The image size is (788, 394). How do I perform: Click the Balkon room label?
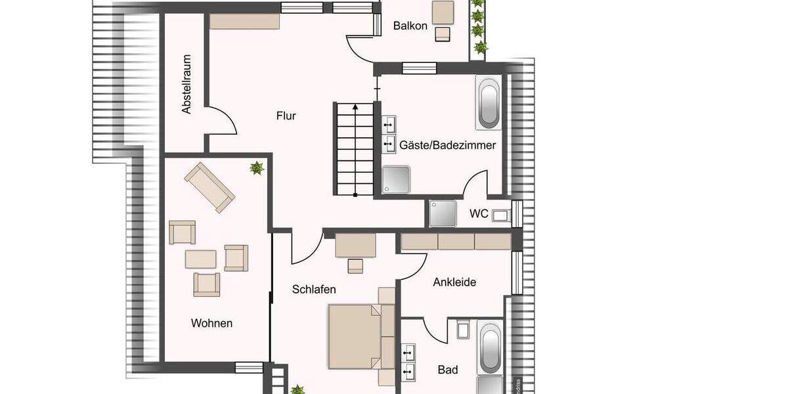coord(410,26)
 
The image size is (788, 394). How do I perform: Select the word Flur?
coord(286,116)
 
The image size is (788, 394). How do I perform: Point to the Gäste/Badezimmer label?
coord(448,146)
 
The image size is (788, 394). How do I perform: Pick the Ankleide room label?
coord(454,282)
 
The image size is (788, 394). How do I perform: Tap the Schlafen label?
coord(315,289)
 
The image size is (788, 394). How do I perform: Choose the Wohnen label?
coord(211,323)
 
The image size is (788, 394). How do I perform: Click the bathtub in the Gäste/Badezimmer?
coord(489,104)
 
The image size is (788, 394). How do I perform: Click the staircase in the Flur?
coord(355,148)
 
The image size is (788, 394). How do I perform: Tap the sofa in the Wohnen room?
coord(209,187)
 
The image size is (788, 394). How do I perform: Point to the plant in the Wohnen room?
coord(256,169)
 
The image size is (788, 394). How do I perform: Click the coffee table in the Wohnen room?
coord(200,258)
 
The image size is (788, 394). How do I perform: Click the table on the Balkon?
coord(443,12)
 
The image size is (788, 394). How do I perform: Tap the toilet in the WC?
coord(501,215)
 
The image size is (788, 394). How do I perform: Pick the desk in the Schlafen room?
coord(355,246)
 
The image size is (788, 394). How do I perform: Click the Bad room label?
coord(448,370)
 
